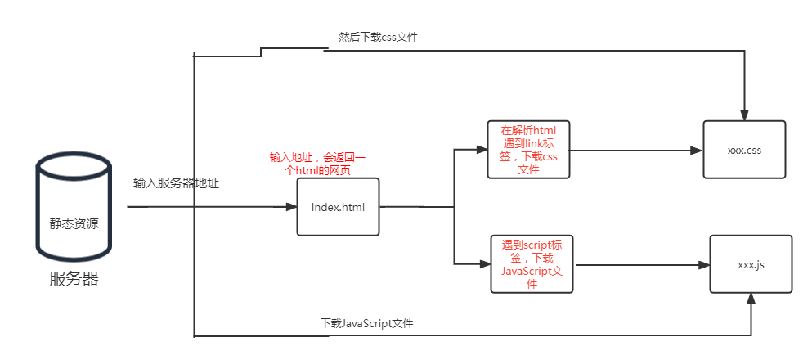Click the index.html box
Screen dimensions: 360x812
338,206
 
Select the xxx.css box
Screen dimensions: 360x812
744,150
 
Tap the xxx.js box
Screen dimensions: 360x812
751,264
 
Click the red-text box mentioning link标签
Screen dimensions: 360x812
527,150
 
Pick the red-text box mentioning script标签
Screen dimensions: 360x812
532,264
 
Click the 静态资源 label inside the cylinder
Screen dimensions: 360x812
74,223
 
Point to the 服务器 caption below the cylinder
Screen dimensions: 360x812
74,279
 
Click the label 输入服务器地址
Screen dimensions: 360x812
177,183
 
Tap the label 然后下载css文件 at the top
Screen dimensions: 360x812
378,37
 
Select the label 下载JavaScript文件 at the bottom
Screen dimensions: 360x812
367,323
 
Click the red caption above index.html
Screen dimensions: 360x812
318,164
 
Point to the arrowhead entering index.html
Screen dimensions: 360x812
291,207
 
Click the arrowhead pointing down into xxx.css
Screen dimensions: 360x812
744,115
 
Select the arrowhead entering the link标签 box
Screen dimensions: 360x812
482,150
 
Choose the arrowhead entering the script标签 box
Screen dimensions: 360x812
485,263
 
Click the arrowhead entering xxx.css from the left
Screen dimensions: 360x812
698,151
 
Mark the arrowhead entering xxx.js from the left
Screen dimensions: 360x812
704,265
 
